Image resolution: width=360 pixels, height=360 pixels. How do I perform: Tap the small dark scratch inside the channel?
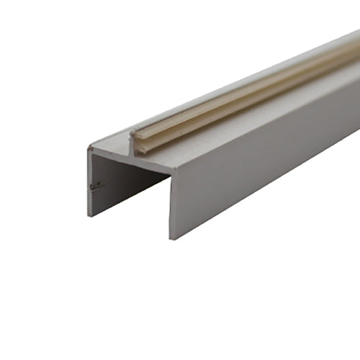pos(94,186)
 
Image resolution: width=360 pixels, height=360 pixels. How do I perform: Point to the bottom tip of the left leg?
pos(89,215)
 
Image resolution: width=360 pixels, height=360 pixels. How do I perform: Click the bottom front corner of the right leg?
pos(171,238)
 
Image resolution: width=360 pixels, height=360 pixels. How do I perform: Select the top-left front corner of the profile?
pos(89,148)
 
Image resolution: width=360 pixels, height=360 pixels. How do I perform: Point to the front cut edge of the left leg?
pos(89,184)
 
